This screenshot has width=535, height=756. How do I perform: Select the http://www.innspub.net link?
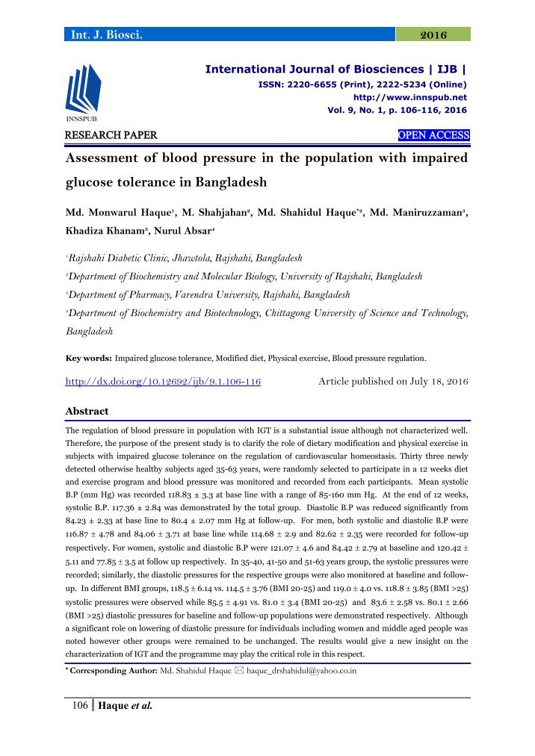pyautogui.click(x=410, y=97)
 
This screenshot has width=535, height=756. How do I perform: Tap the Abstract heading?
pyautogui.click(x=87, y=411)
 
